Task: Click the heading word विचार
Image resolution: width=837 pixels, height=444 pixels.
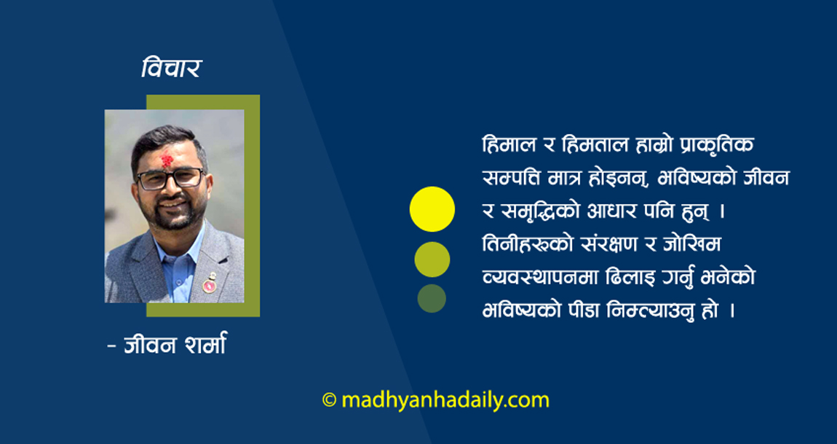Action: (x=171, y=69)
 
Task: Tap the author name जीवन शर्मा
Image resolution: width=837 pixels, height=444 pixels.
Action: (x=174, y=344)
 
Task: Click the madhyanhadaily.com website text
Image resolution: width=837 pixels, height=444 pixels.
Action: (x=445, y=400)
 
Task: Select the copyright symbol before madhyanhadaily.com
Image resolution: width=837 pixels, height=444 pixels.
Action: (x=329, y=400)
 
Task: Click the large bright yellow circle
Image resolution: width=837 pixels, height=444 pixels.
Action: (x=432, y=209)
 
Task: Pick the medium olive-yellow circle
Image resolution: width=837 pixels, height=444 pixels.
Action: (x=432, y=259)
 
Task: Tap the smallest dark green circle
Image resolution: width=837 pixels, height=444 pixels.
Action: (x=432, y=298)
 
